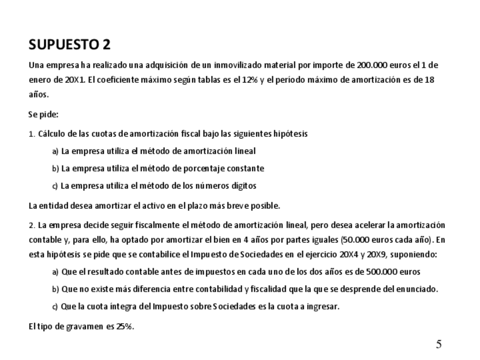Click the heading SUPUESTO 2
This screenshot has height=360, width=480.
(x=70, y=45)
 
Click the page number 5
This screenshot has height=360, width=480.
(x=439, y=344)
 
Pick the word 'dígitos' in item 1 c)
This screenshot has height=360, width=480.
(x=244, y=186)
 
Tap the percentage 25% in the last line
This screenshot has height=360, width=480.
(x=124, y=327)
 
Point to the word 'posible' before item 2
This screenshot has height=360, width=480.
(x=265, y=205)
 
